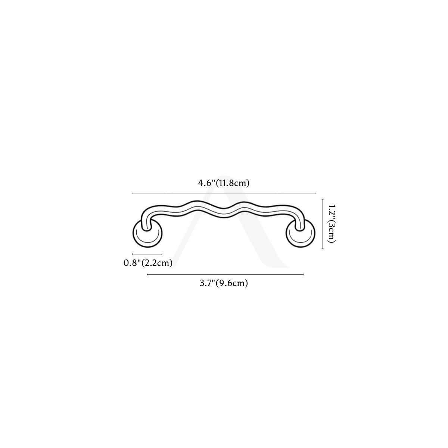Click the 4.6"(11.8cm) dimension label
tap(224, 183)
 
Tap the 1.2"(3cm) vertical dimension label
tap(331, 224)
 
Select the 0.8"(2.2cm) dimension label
tap(148, 263)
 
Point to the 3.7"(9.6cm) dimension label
tap(224, 283)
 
